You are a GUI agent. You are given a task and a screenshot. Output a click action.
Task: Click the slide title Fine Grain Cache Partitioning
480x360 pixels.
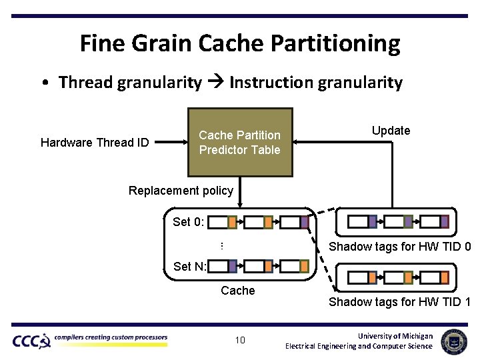[x=240, y=43]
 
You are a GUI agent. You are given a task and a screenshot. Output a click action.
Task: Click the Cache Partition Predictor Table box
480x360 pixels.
[x=240, y=142]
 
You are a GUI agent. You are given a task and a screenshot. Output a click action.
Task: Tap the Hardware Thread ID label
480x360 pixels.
[x=95, y=143]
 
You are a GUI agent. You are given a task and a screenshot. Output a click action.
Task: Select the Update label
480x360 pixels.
[x=391, y=131]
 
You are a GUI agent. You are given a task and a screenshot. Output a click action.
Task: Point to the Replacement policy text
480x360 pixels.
[x=181, y=191]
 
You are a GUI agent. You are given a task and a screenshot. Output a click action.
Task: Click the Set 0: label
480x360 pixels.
[x=189, y=222]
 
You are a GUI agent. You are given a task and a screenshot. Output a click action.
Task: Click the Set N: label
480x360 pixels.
[x=190, y=267]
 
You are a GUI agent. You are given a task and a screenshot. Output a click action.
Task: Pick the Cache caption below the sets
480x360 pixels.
[x=238, y=290]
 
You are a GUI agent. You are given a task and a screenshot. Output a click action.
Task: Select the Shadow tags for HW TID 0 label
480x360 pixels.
[x=400, y=247]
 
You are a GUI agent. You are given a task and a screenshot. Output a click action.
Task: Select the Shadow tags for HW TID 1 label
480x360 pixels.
[x=400, y=302]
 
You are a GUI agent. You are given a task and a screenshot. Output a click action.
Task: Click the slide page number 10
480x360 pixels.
[x=240, y=341]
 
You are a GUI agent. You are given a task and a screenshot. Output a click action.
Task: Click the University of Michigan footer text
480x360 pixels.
[x=395, y=335]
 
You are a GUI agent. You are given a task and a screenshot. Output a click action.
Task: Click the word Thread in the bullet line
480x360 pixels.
[x=85, y=83]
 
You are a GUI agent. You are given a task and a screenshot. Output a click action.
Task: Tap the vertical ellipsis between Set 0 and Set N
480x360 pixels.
[x=221, y=246]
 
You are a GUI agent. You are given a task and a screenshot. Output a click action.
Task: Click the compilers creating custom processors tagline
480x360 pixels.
[x=111, y=337]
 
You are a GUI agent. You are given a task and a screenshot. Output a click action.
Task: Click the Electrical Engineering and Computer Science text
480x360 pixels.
[x=359, y=346]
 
